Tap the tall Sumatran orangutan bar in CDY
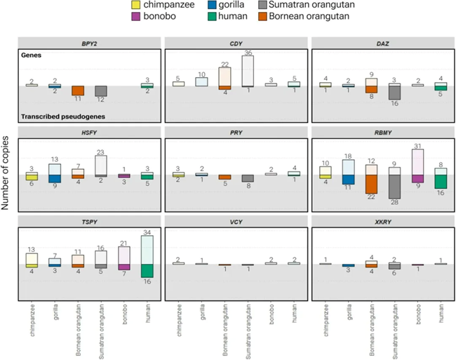(247, 71)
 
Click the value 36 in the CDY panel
(247, 52)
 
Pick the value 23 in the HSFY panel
(101, 152)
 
